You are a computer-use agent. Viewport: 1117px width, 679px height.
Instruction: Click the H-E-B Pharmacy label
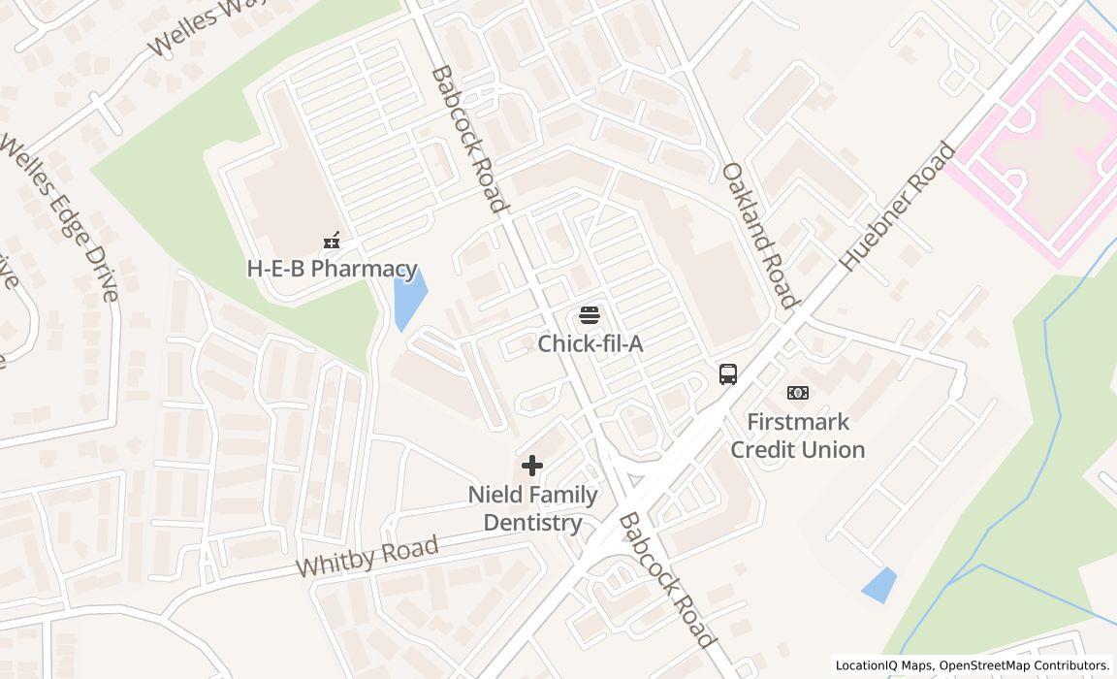(332, 269)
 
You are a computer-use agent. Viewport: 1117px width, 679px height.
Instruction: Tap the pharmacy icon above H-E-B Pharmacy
(332, 241)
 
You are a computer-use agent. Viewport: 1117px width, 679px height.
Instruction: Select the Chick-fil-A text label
(590, 343)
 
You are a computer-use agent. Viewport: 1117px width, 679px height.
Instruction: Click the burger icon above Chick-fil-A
(590, 314)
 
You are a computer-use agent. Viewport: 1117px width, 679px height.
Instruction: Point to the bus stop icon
(728, 373)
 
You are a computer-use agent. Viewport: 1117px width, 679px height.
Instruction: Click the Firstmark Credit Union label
(797, 436)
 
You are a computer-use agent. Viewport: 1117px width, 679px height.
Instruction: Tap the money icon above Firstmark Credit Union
(798, 392)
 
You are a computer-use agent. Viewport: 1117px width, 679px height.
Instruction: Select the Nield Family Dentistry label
(532, 508)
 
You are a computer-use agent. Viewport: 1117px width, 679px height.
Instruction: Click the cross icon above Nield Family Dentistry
(532, 467)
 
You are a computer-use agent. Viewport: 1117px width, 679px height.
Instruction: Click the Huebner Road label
(897, 207)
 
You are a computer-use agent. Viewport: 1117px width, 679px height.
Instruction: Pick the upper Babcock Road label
(468, 139)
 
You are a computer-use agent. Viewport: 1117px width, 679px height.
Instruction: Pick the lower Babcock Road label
(667, 580)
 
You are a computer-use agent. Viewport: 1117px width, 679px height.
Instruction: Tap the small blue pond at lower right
(879, 585)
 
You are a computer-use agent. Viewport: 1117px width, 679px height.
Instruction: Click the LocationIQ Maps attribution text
(972, 665)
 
